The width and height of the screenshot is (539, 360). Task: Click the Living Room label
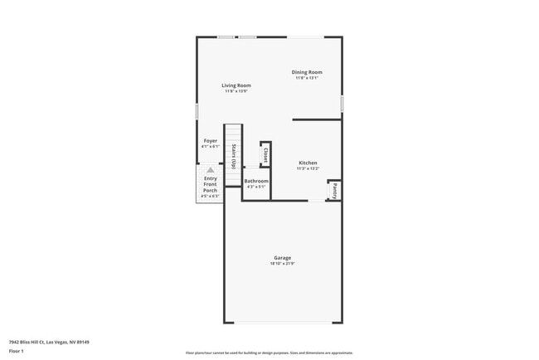coord(236,85)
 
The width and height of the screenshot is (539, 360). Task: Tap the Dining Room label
coord(306,72)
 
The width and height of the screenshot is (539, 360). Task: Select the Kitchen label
coord(308,163)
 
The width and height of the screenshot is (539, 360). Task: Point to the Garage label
coord(283,258)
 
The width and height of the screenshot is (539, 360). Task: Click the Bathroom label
coord(256,181)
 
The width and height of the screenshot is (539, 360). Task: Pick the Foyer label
coord(211,141)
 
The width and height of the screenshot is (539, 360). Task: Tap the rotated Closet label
coord(265,155)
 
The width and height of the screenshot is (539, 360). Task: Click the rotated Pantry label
coord(335,190)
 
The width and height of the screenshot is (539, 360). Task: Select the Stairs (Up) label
coord(235,156)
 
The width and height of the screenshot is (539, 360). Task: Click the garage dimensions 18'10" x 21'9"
coord(283,264)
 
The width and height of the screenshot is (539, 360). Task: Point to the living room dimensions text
coord(236,91)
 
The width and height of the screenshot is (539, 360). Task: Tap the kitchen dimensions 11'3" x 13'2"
coord(308,168)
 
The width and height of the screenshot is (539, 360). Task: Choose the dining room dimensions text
coord(306,78)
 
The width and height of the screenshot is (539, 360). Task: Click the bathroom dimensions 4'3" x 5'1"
coord(256,187)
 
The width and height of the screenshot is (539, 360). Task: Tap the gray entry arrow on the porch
coord(211,170)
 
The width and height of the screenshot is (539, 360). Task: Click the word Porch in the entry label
coord(211,191)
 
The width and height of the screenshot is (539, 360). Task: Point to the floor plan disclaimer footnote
coord(269,353)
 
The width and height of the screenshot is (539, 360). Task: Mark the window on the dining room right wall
coord(342,104)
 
